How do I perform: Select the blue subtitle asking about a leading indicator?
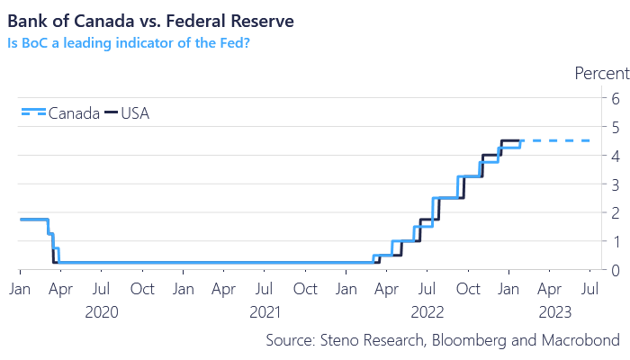128,41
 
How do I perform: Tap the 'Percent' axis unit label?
599,74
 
